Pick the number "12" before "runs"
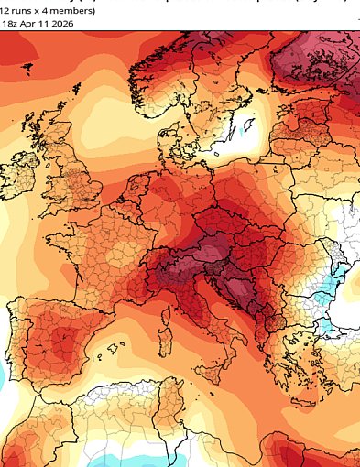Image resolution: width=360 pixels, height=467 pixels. (x=5, y=11)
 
